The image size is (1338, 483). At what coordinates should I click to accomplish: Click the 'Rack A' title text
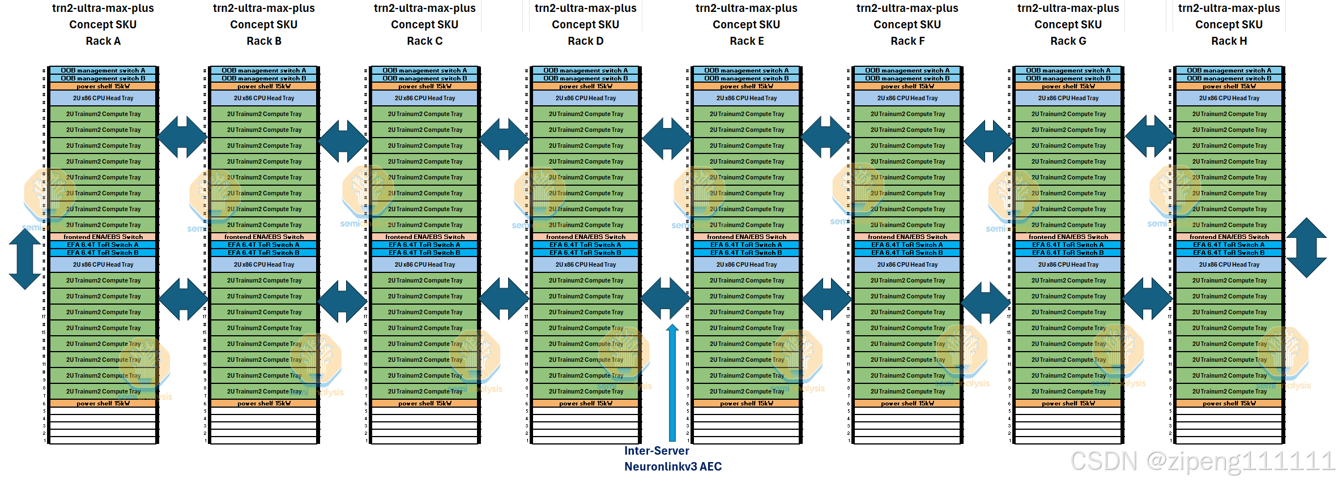point(103,41)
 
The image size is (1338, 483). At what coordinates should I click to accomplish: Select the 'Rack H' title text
point(1229,41)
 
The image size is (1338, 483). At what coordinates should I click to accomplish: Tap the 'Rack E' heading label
point(746,41)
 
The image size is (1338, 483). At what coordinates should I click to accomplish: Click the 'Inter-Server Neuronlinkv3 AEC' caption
point(672,459)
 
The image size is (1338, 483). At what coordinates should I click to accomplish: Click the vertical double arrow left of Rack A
point(25,259)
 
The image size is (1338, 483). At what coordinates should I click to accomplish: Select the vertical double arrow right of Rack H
point(1306,248)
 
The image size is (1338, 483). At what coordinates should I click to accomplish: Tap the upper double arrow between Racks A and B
point(182,137)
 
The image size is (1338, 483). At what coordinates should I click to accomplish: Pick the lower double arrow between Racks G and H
point(1148,299)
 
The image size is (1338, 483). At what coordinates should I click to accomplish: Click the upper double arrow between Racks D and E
point(667,139)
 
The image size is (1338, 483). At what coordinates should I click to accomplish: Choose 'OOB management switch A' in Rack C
point(425,71)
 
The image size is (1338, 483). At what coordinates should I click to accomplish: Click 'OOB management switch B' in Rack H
point(1229,79)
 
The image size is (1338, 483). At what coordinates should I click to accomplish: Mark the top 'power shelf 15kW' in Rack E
point(746,87)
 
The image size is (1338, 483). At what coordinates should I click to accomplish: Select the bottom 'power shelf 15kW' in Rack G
point(1068,404)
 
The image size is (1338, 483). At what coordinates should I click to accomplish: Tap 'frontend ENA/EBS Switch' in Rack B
point(264,237)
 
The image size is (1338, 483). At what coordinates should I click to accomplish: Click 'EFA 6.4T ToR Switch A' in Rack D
point(585,245)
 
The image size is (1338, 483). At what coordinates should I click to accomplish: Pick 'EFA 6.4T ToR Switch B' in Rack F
point(907,253)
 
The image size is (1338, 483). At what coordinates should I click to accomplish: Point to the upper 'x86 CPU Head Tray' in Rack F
point(907,99)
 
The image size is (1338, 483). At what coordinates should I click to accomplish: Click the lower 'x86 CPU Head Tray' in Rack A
point(103,265)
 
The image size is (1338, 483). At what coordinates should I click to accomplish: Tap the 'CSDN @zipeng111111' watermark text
point(1202,461)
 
